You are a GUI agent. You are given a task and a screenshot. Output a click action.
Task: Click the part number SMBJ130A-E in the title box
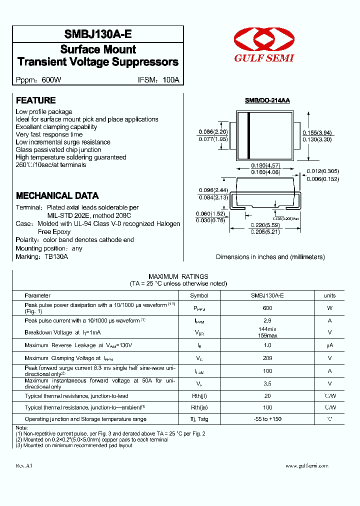[98, 34]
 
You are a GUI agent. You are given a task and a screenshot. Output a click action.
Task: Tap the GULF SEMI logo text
[264, 58]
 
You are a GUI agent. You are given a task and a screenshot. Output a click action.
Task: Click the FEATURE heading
[35, 100]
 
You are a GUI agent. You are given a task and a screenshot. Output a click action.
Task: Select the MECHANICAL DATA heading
[57, 195]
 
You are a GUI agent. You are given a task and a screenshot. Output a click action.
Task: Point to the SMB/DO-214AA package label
[267, 100]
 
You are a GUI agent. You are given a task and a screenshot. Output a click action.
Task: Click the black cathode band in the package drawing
[248, 135]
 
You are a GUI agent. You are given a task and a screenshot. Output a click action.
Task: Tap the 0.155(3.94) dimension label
[317, 133]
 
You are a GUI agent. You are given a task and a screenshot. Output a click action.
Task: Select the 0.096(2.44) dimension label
[213, 190]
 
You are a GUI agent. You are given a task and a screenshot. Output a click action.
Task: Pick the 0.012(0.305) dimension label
[322, 171]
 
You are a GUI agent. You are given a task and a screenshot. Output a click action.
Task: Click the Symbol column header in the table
[199, 295]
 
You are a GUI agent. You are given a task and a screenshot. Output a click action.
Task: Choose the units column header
[329, 295]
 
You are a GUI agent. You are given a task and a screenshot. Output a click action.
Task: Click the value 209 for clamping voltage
[267, 358]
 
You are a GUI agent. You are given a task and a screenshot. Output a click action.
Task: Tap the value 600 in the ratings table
[267, 308]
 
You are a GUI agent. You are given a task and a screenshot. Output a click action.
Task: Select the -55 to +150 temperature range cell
[267, 419]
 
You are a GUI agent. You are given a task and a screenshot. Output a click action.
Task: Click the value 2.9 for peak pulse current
[267, 320]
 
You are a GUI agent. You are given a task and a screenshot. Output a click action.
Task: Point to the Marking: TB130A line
[41, 256]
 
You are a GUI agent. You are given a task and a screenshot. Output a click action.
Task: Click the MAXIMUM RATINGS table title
[178, 276]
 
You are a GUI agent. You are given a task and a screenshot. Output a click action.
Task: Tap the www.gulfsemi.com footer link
[306, 465]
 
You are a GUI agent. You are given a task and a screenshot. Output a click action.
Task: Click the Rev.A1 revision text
[24, 465]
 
